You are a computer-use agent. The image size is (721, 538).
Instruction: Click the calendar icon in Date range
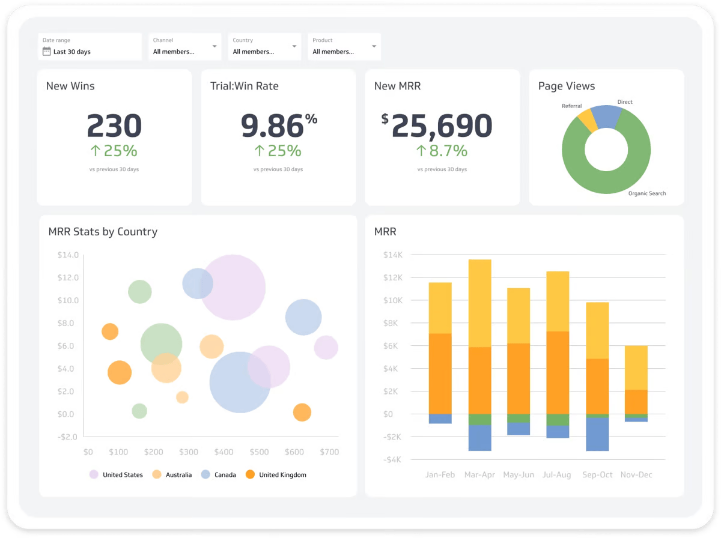[x=47, y=52]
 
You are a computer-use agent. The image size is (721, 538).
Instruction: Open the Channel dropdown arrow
[x=214, y=46]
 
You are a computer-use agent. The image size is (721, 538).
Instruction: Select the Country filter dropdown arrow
[x=294, y=46]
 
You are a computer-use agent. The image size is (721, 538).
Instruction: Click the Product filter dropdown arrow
[x=374, y=46]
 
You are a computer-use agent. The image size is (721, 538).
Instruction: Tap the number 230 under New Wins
[x=114, y=126]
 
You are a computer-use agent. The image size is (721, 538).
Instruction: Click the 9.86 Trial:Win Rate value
[x=272, y=126]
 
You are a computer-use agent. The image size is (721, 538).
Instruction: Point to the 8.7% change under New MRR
[x=442, y=151]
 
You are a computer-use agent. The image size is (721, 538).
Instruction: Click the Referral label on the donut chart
[x=571, y=106]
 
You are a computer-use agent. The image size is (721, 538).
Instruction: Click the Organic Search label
[x=646, y=193]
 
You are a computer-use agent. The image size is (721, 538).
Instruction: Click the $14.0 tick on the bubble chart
[x=68, y=255]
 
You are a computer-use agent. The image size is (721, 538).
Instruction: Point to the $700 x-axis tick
[x=329, y=452]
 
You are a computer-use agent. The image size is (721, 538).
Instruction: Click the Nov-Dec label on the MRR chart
[x=636, y=474]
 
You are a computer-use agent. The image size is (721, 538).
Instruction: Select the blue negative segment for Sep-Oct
[x=597, y=434]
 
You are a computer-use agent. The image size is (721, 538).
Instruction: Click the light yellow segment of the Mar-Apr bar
[x=480, y=303]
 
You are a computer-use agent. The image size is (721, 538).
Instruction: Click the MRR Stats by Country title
[x=103, y=232]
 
